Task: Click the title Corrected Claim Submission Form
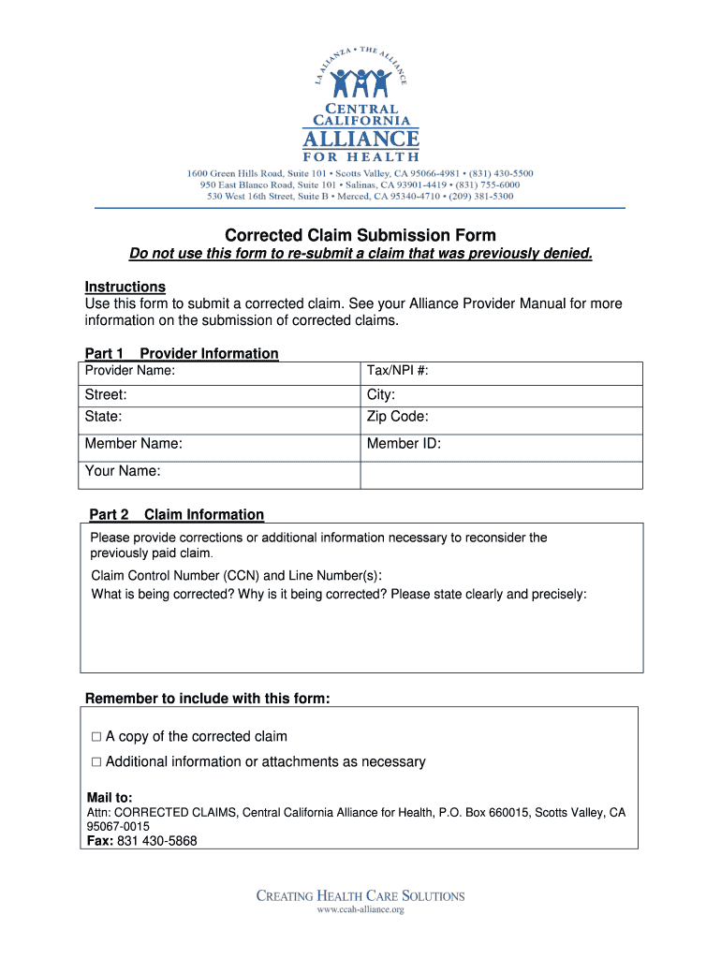[x=360, y=235]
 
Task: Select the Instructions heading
[x=125, y=287]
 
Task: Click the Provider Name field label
[x=130, y=372]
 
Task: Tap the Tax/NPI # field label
[x=398, y=372]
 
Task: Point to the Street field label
[x=106, y=395]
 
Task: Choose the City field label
[x=381, y=395]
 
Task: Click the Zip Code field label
[x=398, y=418]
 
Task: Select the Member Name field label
[x=134, y=444]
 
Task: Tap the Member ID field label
[x=404, y=444]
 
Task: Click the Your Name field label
[x=123, y=471]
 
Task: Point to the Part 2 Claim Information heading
[x=176, y=515]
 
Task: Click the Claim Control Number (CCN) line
[x=236, y=575]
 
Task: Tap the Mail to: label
[x=110, y=798]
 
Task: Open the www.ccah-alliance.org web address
[x=360, y=909]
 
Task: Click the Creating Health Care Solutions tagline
[x=360, y=895]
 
